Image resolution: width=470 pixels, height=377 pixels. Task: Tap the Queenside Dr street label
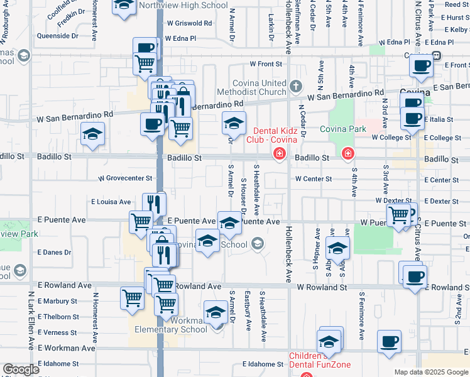coord(58,36)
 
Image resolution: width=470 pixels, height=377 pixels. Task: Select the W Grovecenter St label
coord(125,178)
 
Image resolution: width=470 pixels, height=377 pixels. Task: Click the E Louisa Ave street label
coord(111,202)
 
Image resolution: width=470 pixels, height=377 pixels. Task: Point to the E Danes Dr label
coord(54,253)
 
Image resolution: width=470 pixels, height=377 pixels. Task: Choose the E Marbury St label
coord(57,300)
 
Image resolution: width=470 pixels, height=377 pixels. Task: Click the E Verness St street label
coord(57,333)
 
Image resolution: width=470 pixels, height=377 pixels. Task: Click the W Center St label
coord(314,179)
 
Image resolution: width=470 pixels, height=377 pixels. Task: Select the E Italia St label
coord(439,119)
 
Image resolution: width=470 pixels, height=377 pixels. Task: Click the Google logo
coord(21,369)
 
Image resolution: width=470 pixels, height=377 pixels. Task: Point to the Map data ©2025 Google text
coord(430,372)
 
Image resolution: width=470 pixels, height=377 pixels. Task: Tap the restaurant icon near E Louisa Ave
coord(153,203)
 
